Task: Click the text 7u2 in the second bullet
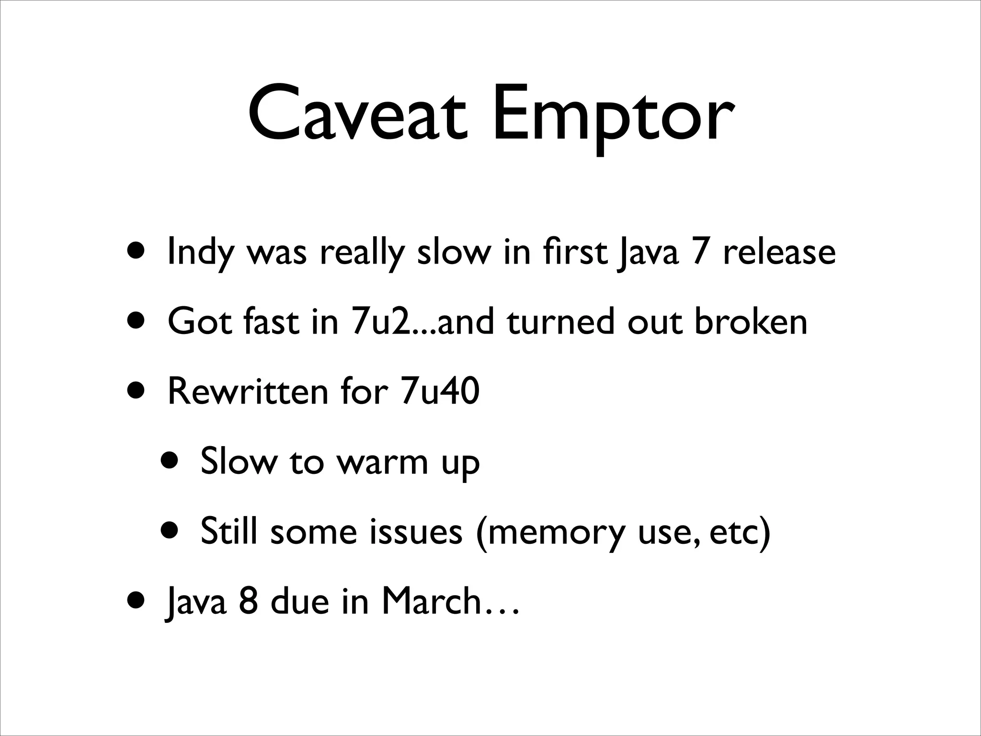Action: [x=378, y=322]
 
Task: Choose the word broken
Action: [x=751, y=322]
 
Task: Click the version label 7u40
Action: [x=439, y=391]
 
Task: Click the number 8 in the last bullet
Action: [x=248, y=601]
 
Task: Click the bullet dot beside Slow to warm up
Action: [x=171, y=461]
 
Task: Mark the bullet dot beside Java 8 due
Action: [x=138, y=601]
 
